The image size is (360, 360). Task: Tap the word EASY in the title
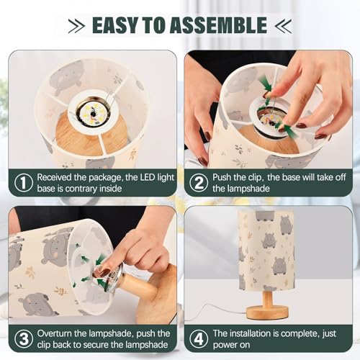tap(116, 25)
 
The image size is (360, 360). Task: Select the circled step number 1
tap(24, 183)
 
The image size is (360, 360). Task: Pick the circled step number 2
tap(199, 183)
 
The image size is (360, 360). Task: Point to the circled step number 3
tap(24, 339)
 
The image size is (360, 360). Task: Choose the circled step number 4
tap(199, 339)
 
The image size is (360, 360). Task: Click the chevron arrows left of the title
tap(76, 25)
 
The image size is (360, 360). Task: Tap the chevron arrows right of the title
tap(284, 25)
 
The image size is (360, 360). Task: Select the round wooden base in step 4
tap(267, 312)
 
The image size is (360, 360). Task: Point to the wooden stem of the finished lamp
tap(267, 298)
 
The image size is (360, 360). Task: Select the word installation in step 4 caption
tap(250, 333)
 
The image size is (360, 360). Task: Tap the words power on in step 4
tap(231, 345)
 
